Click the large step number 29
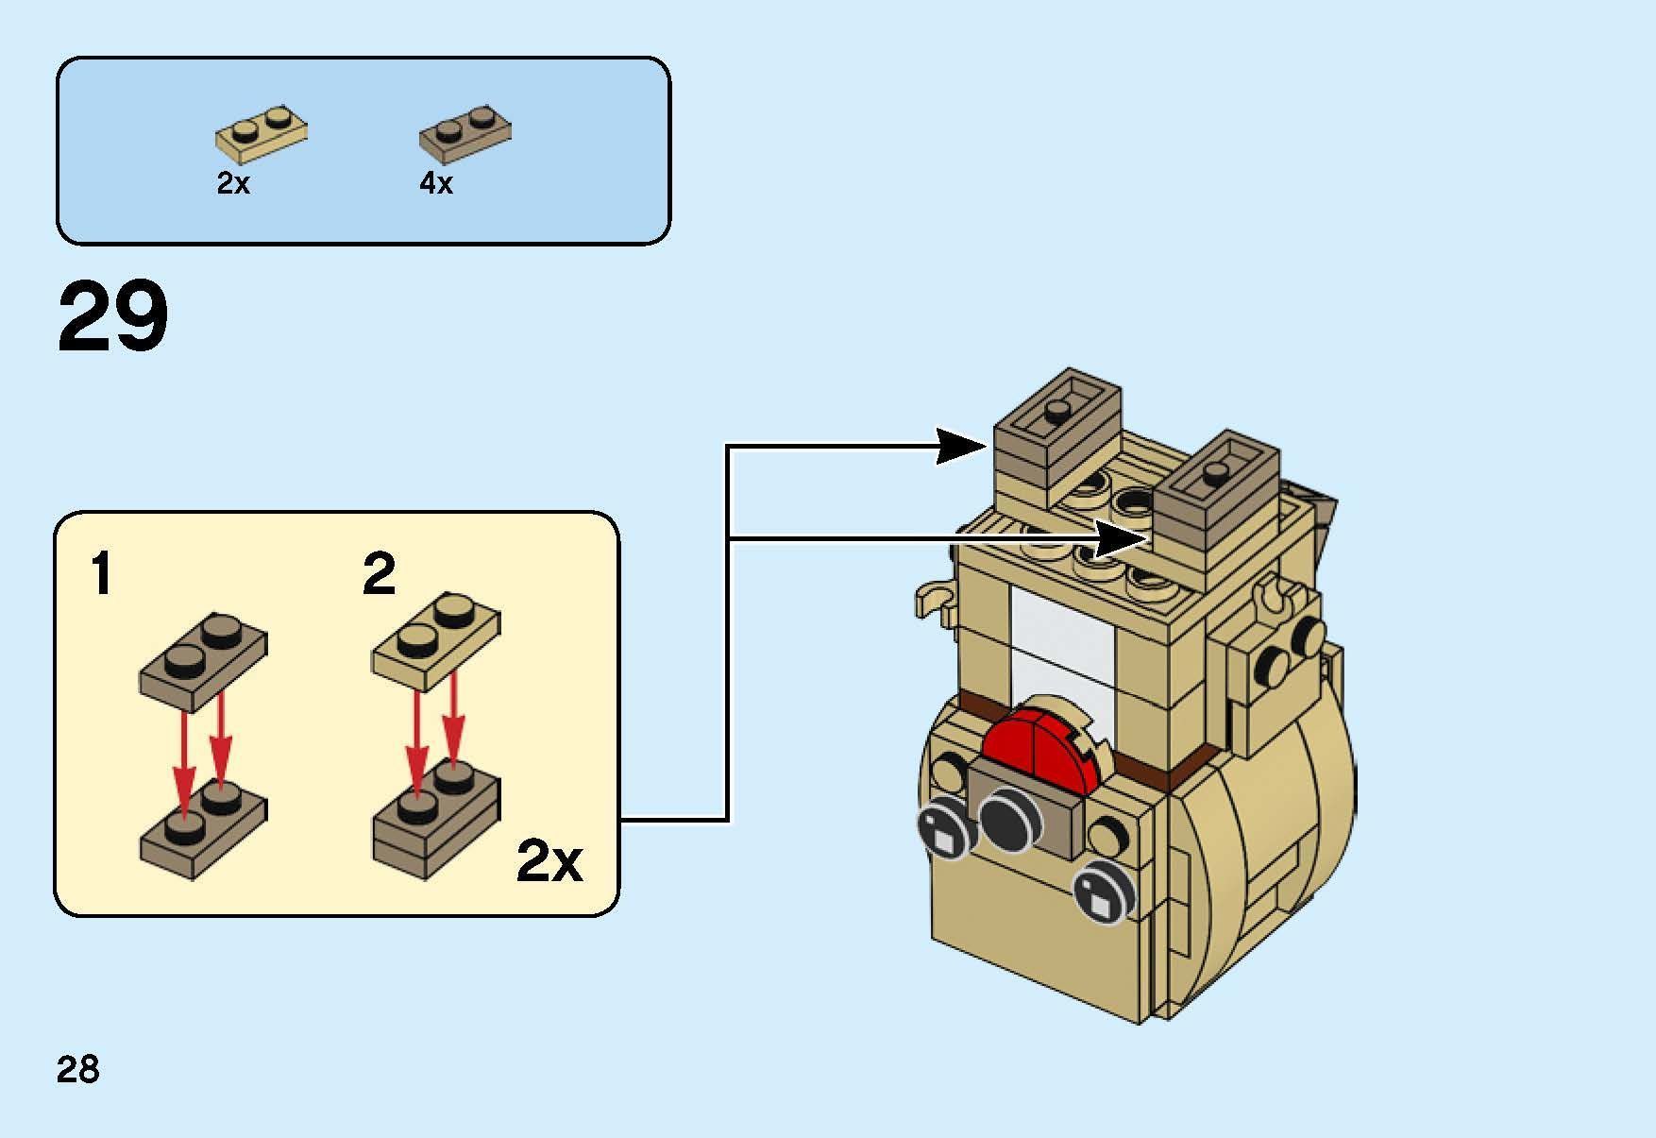(113, 317)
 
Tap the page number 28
(77, 1069)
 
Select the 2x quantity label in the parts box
(233, 183)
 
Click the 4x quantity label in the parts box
(436, 183)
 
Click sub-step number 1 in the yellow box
(101, 574)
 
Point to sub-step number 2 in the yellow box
(379, 574)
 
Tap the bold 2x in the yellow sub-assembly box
(549, 860)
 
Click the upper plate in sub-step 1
(203, 660)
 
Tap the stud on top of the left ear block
(1057, 410)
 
